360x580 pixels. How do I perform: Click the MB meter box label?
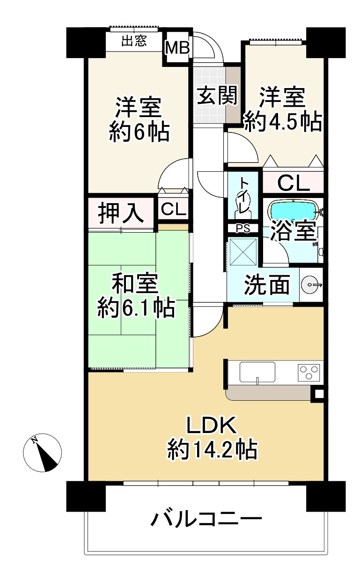click(178, 47)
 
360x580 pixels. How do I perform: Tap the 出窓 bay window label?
click(134, 41)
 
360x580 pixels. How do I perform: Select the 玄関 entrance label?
click(217, 95)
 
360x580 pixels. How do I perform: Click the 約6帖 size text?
click(139, 132)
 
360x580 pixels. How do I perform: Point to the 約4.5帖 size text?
click(283, 121)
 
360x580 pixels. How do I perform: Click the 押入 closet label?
click(121, 213)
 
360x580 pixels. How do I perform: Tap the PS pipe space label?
click(243, 228)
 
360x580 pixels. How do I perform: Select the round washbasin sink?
click(310, 285)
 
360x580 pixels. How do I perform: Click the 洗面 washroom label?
click(267, 284)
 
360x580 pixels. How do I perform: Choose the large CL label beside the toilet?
click(293, 184)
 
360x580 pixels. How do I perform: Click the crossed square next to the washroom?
click(243, 252)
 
